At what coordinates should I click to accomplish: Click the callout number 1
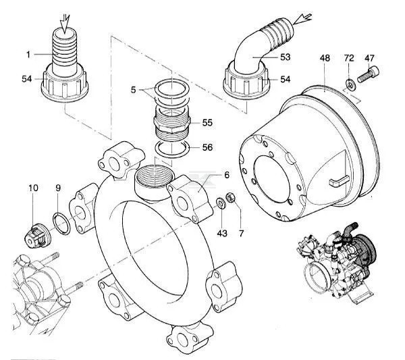pyautogui.click(x=29, y=53)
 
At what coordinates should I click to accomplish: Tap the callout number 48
pyautogui.click(x=325, y=59)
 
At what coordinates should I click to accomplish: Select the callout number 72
pyautogui.click(x=349, y=59)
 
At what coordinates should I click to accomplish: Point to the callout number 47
pyautogui.click(x=370, y=59)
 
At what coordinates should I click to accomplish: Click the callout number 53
pyautogui.click(x=286, y=57)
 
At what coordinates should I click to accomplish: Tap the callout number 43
pyautogui.click(x=222, y=233)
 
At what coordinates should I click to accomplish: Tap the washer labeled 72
pyautogui.click(x=349, y=84)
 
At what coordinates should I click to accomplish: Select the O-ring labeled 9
pyautogui.click(x=59, y=222)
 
